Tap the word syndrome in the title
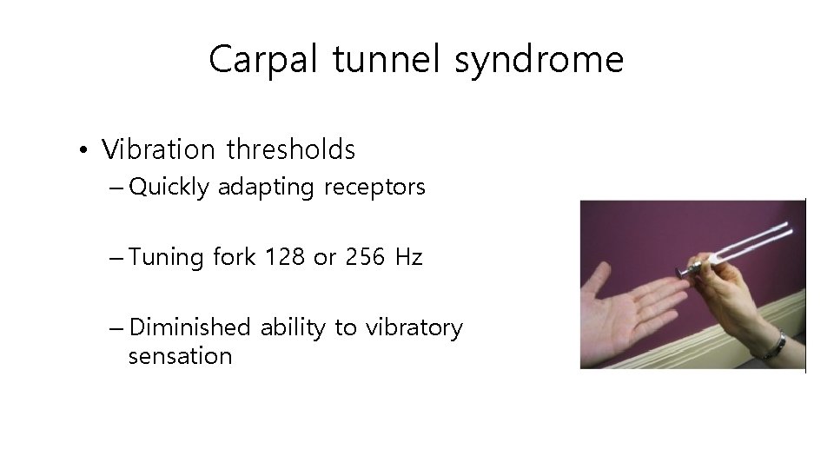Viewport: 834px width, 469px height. tap(539, 60)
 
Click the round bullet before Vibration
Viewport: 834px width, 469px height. tap(81, 152)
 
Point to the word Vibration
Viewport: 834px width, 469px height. tap(158, 149)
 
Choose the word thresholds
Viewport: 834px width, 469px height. tap(291, 149)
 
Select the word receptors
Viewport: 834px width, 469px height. tap(374, 188)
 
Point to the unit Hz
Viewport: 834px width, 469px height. tap(408, 257)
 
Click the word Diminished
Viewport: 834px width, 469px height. tap(189, 327)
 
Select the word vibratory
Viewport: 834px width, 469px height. tap(414, 327)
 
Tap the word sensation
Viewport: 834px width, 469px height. tap(180, 356)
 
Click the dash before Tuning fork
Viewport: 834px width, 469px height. tap(117, 258)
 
